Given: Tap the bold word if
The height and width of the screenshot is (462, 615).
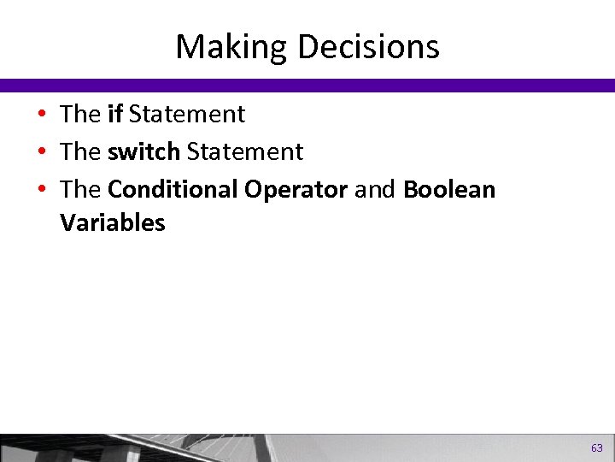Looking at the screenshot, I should (x=115, y=114).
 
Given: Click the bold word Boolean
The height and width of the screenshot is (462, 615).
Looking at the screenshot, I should (x=448, y=189).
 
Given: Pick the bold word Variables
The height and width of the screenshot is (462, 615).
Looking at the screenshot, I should (x=112, y=222).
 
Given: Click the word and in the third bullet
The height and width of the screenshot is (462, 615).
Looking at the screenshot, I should (x=375, y=189).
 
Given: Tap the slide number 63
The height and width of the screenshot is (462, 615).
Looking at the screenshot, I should (x=596, y=447).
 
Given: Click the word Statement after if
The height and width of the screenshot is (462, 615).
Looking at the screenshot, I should (x=187, y=114).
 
